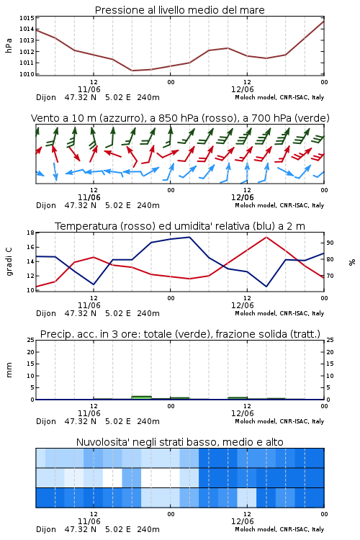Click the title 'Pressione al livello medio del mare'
pyautogui.click(x=179, y=10)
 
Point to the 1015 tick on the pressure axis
pyautogui.click(x=27, y=18)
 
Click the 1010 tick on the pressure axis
pyautogui.click(x=27, y=74)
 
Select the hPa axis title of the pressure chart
pyautogui.click(x=9, y=45)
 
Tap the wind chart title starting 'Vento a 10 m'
pyautogui.click(x=180, y=118)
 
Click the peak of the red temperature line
pyautogui.click(x=266, y=237)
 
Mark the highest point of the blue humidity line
pyautogui.click(x=189, y=237)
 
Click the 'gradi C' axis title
pyautogui.click(x=9, y=261)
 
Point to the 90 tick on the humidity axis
pyautogui.click(x=330, y=243)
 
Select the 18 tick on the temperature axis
pyautogui.click(x=30, y=233)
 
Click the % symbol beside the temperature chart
pyautogui.click(x=352, y=262)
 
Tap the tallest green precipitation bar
pyautogui.click(x=142, y=397)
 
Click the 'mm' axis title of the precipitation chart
pyautogui.click(x=9, y=369)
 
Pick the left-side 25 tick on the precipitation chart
pyautogui.click(x=30, y=340)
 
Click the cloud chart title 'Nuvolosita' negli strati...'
pyautogui.click(x=179, y=442)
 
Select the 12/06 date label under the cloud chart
pyautogui.click(x=242, y=521)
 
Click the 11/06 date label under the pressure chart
pyautogui.click(x=89, y=89)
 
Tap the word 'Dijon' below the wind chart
pyautogui.click(x=46, y=206)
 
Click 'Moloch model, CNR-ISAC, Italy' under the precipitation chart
pyautogui.click(x=279, y=421)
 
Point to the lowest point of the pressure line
pyautogui.click(x=132, y=71)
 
